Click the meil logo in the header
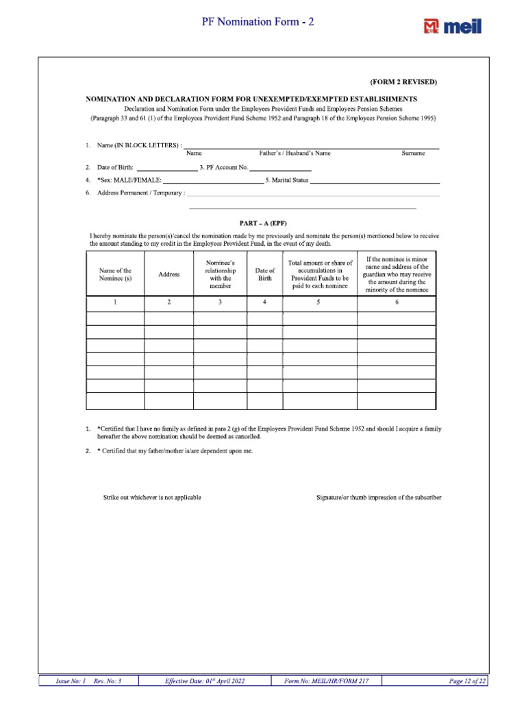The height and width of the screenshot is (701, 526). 453,26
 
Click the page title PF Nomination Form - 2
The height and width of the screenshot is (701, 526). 258,22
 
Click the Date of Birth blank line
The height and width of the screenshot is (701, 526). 166,167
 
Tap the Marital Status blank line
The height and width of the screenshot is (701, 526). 375,181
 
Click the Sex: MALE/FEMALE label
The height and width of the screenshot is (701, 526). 129,180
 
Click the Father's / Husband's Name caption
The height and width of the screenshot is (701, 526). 295,153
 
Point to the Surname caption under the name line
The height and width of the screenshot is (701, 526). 413,153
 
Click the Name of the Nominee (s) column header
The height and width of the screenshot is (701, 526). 115,275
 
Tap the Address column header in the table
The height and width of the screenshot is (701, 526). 169,275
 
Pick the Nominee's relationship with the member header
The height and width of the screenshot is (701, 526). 221,274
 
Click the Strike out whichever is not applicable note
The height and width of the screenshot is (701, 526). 152,497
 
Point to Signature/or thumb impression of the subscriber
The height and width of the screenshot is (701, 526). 379,497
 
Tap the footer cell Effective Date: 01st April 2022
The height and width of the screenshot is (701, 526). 205,681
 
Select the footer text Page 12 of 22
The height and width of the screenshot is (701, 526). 468,681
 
